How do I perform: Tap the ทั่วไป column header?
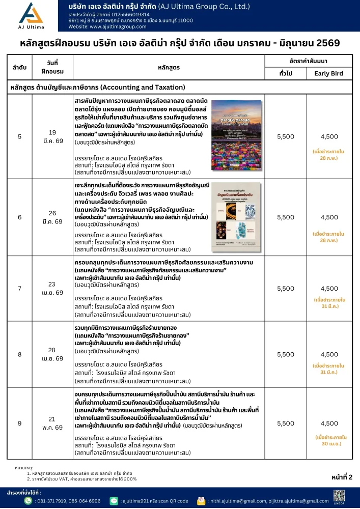point(286,73)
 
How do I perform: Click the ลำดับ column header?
point(19,67)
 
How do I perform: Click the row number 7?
point(19,289)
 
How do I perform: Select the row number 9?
point(19,423)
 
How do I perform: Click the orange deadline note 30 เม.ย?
point(329,440)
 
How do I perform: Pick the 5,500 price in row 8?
point(286,354)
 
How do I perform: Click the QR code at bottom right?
point(340,495)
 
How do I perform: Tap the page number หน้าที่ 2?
point(341,477)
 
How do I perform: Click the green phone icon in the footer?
point(29,501)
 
